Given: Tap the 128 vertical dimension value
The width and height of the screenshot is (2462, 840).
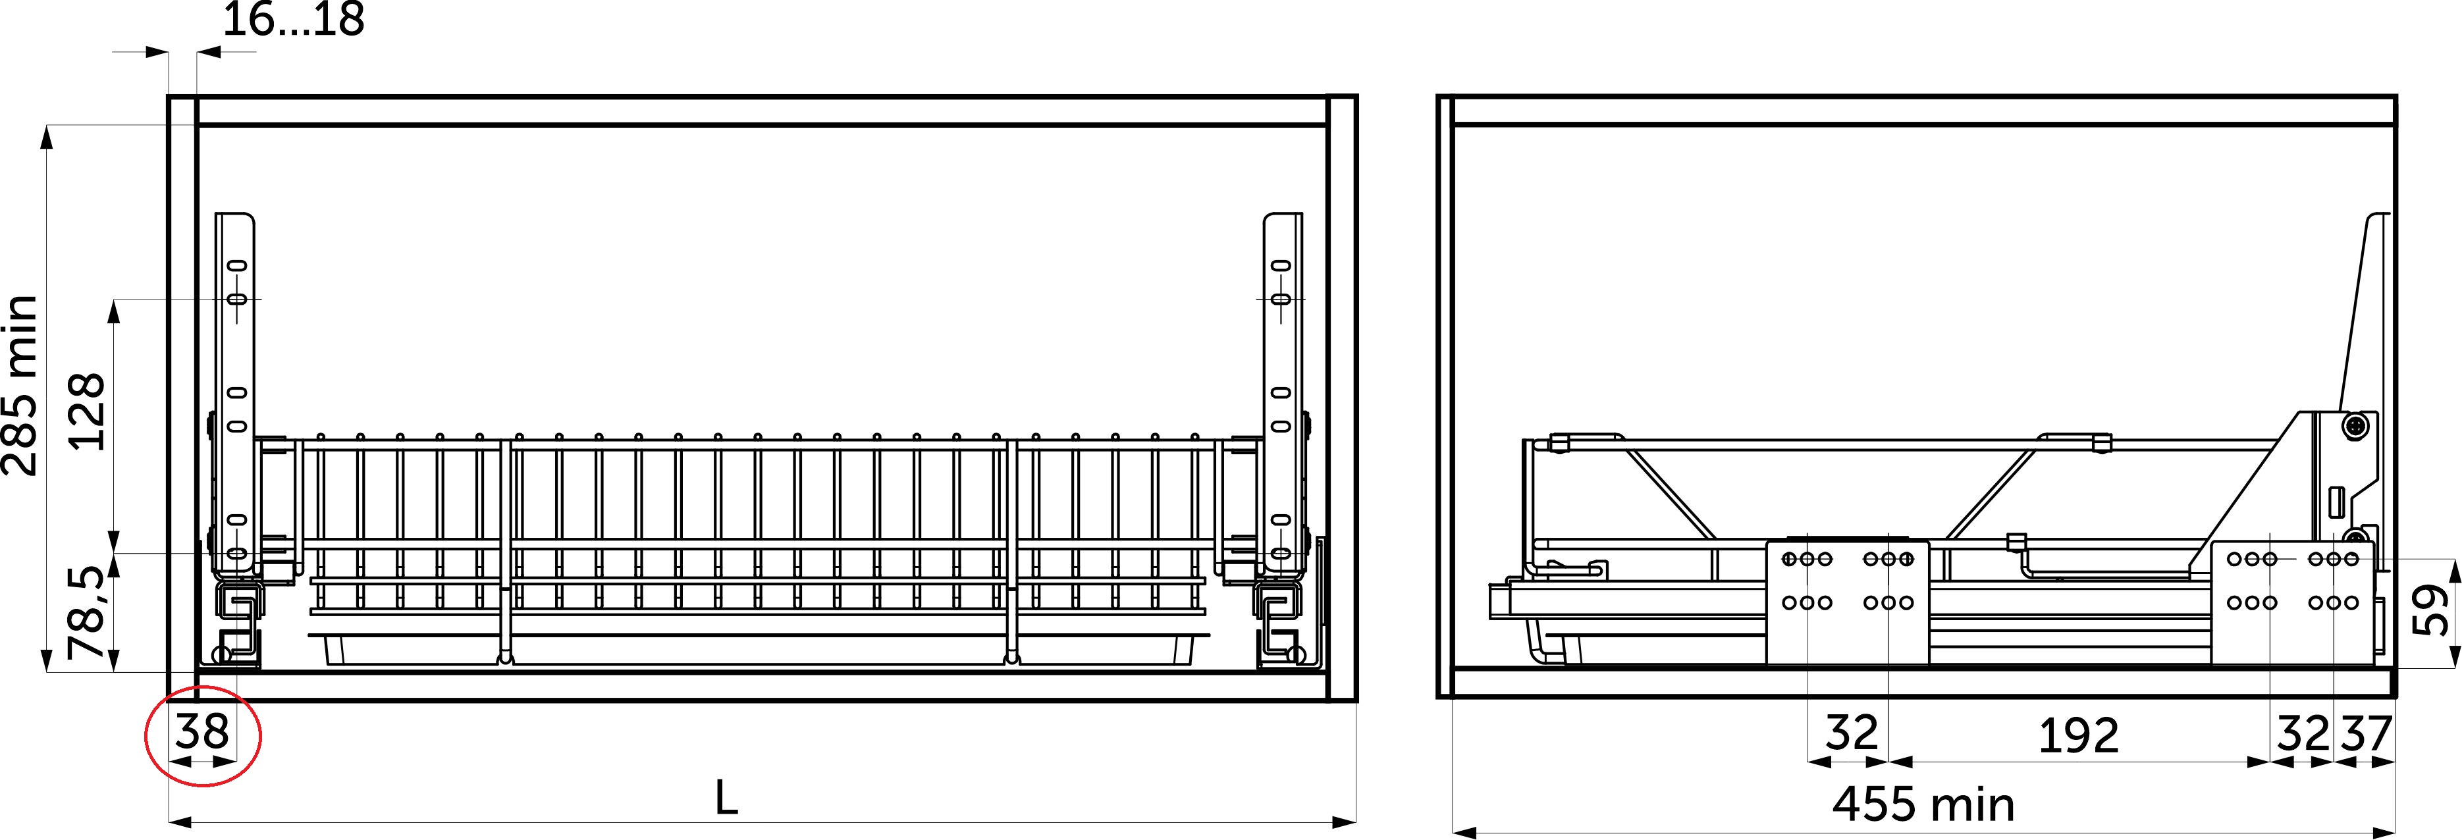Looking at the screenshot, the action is (86, 411).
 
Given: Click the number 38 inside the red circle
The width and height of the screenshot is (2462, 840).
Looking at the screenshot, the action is (201, 732).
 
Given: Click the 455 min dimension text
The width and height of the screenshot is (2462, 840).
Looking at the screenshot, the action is (1923, 804).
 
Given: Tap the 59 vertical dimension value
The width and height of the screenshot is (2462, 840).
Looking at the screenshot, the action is (2432, 610).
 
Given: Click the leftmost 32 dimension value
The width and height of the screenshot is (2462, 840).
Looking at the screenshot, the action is (1852, 733).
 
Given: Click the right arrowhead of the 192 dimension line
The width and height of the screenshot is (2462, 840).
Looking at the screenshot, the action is (2259, 762).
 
